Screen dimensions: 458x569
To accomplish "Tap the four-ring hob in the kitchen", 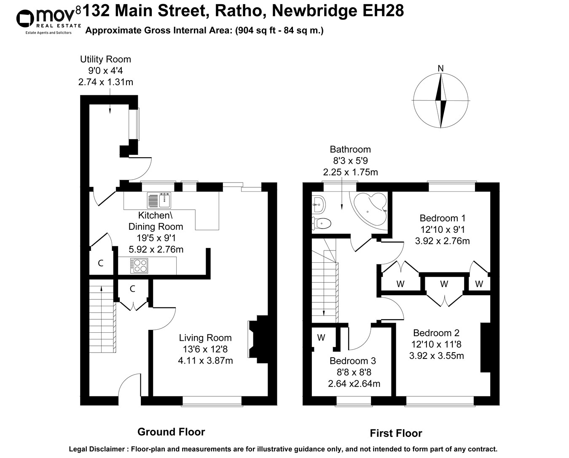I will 140,265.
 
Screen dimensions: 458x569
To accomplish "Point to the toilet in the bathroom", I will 322,222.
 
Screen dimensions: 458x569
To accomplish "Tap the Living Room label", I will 205,338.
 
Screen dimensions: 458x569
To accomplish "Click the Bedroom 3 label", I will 353,361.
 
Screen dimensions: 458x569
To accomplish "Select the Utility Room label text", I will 105,59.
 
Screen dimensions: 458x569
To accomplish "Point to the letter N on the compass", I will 440,68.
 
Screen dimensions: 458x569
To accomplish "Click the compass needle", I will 441,101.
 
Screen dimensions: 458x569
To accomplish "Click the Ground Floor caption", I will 171,432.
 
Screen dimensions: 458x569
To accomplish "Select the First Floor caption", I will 396,433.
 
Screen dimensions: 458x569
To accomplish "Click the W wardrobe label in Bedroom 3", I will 321,337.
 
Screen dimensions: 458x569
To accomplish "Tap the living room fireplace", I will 260,339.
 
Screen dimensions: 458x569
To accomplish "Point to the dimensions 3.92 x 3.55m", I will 436,356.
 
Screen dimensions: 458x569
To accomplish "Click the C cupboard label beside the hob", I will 101,263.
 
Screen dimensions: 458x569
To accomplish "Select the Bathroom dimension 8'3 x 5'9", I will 350,161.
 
